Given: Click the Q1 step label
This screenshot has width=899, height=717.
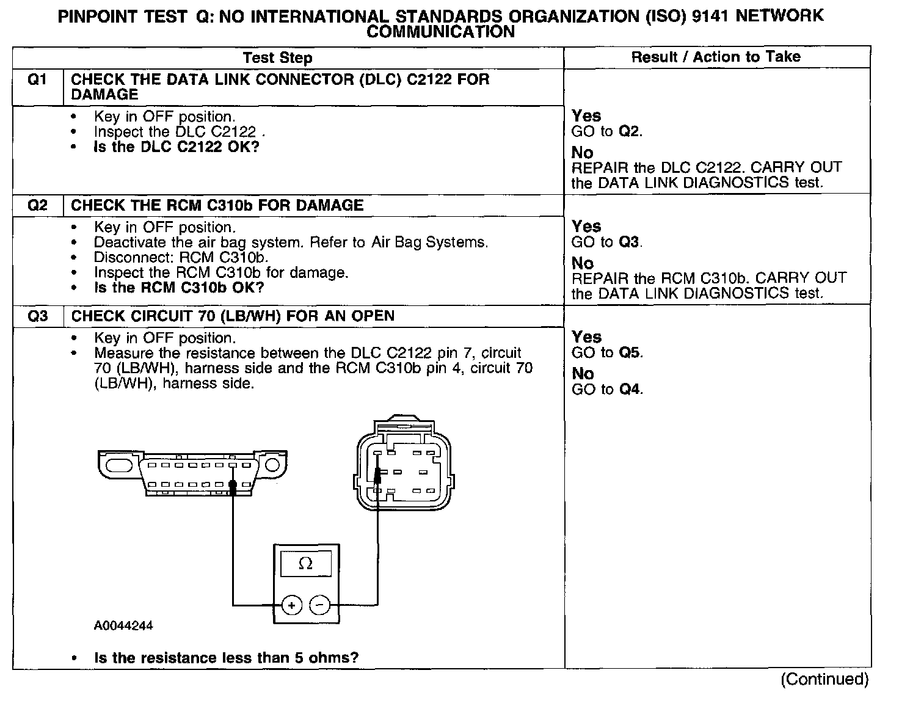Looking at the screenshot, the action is tap(37, 80).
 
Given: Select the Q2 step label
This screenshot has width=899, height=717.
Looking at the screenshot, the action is tap(37, 205).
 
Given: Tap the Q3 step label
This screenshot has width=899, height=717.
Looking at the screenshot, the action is tap(37, 316).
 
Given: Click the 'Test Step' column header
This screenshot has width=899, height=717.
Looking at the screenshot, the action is tap(277, 58).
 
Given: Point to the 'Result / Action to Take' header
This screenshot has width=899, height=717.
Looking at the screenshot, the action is tap(715, 57).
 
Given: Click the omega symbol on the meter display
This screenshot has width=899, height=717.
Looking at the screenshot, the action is tap(305, 564).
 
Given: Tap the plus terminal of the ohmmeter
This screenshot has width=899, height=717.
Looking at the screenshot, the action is tap(291, 605).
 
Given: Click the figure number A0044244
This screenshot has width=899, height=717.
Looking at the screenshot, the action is tap(123, 626).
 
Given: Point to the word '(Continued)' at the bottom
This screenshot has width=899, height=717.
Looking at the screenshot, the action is tap(824, 679).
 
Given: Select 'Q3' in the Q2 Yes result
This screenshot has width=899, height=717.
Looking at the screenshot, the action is tap(630, 242).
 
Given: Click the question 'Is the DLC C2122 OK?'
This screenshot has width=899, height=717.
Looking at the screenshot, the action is tap(177, 147).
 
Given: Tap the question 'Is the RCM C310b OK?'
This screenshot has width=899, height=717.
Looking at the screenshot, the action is tap(179, 288).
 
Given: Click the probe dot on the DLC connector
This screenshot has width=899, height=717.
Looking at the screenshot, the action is tap(233, 486).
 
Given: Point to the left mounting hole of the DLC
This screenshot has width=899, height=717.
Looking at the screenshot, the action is tap(119, 466).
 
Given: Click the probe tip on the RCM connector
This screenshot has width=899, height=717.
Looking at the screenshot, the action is tap(378, 474).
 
